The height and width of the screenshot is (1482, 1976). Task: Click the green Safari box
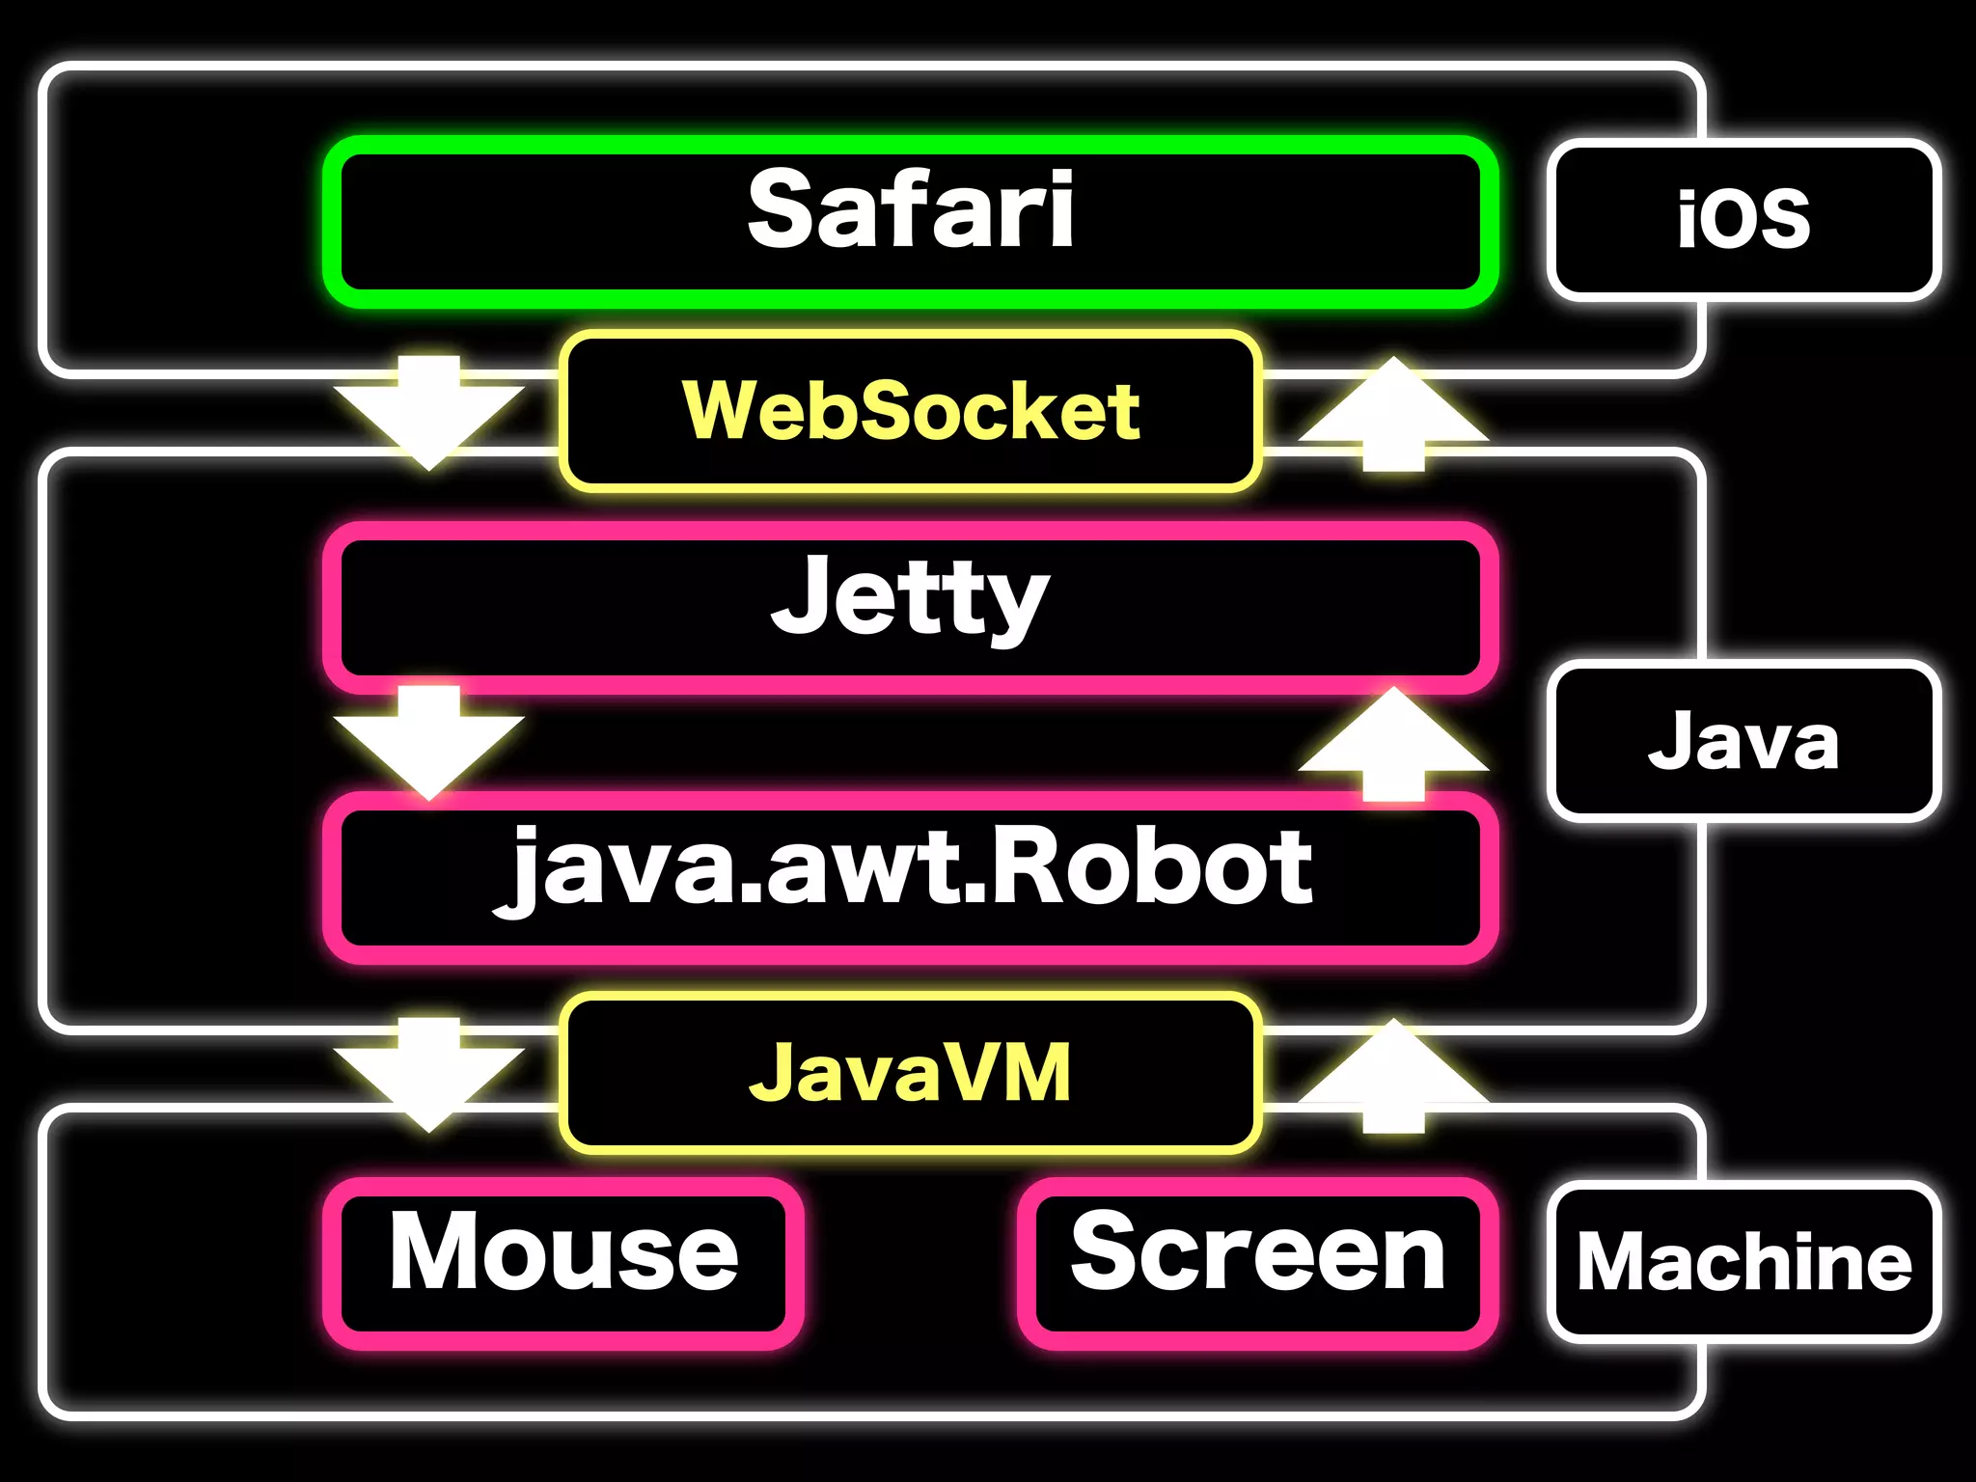pyautogui.click(x=910, y=222)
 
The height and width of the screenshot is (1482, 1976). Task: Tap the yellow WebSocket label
pyautogui.click(x=910, y=411)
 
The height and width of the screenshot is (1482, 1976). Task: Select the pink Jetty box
pyautogui.click(x=910, y=608)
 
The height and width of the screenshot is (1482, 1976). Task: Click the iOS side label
pyautogui.click(x=1743, y=220)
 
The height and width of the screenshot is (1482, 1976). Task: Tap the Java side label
pyautogui.click(x=1743, y=741)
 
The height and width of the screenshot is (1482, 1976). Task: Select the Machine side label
pyautogui.click(x=1743, y=1262)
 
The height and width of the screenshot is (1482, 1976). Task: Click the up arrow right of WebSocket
pyautogui.click(x=1393, y=415)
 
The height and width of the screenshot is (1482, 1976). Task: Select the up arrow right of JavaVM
pyautogui.click(x=1393, y=1076)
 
